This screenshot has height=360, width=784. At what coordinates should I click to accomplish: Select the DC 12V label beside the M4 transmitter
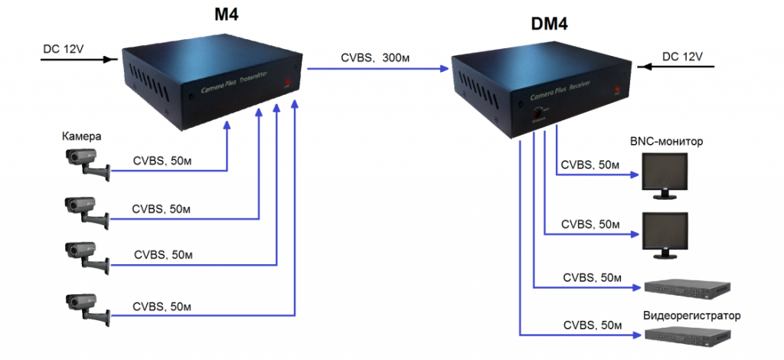click(64, 48)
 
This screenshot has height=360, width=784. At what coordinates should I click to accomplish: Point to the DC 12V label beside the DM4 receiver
click(681, 57)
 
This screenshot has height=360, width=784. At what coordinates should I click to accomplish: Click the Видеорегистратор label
click(692, 316)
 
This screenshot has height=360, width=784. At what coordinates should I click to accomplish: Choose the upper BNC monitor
click(665, 175)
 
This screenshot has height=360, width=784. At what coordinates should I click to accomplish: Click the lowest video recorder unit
click(686, 335)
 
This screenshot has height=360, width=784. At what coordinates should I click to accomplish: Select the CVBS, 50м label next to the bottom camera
click(162, 307)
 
